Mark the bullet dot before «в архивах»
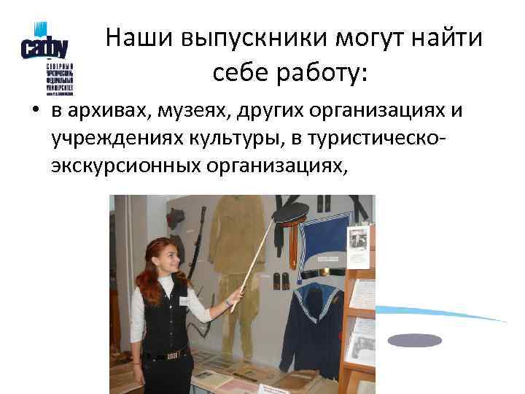pyautogui.click(x=34, y=112)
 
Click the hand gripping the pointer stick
pyautogui.click(x=234, y=298)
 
